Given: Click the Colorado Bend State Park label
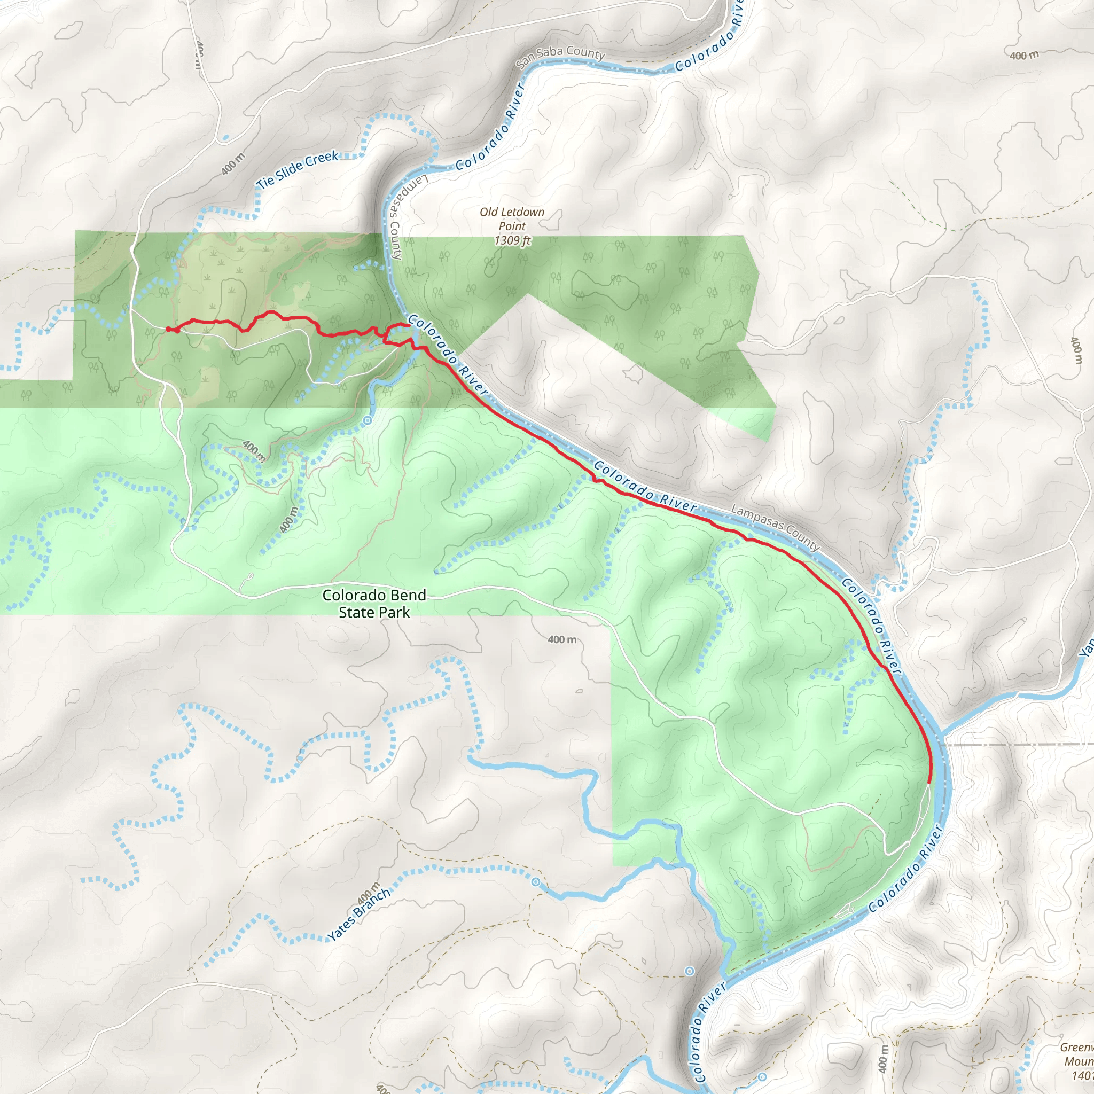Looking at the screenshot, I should [x=374, y=604].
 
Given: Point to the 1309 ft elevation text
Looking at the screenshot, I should [x=512, y=241].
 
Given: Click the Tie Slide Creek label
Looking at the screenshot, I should [x=298, y=169].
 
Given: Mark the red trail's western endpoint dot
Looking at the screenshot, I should [x=168, y=329].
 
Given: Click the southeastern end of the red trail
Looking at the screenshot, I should [x=929, y=783].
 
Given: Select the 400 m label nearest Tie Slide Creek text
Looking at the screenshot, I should [x=233, y=163].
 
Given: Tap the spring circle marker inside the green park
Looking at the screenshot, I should [x=368, y=420].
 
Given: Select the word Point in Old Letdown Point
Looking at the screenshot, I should [x=512, y=226].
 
